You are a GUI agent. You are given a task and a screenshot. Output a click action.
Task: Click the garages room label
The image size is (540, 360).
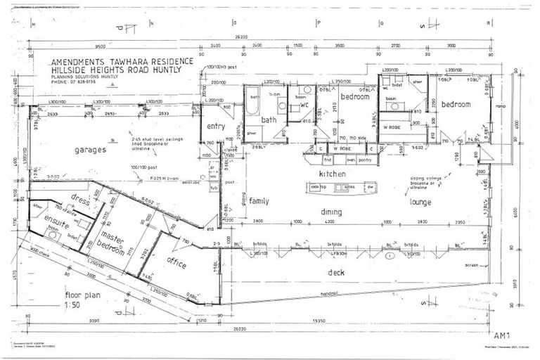tap(91, 150)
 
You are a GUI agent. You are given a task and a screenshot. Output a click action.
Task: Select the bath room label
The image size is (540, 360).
tap(270, 120)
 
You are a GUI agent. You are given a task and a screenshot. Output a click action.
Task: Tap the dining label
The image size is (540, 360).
tap(331, 212)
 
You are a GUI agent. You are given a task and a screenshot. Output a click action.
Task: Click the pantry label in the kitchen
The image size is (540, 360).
tap(364, 160)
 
